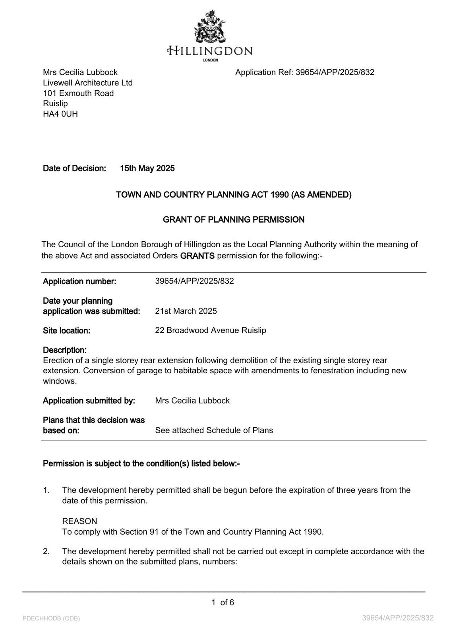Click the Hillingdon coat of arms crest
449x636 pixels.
pyautogui.click(x=210, y=27)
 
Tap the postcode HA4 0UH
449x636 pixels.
pyautogui.click(x=60, y=114)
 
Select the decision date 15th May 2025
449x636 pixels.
pyautogui.click(x=147, y=169)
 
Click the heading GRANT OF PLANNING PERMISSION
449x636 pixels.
pyautogui.click(x=234, y=219)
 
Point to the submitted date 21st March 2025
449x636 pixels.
pyautogui.click(x=186, y=311)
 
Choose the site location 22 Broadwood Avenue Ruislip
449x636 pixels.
pyautogui.click(x=211, y=330)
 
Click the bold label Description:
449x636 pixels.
pyautogui.click(x=65, y=350)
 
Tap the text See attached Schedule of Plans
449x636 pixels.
pyautogui.click(x=214, y=430)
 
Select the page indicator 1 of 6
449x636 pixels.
pyautogui.click(x=223, y=603)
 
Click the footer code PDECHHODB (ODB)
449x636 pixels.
pyautogui.click(x=51, y=619)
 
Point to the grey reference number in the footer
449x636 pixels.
pyautogui.click(x=398, y=618)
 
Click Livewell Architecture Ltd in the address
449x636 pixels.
pyautogui.click(x=88, y=83)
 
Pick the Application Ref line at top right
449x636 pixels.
pyautogui.click(x=304, y=72)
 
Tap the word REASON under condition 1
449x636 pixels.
pyautogui.click(x=79, y=521)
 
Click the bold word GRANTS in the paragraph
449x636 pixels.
pyautogui.click(x=197, y=256)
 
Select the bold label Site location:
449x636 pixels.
pyautogui.click(x=66, y=331)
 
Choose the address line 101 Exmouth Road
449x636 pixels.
pyautogui.click(x=78, y=93)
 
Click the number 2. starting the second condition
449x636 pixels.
pyautogui.click(x=46, y=551)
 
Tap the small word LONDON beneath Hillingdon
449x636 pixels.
pyautogui.click(x=210, y=60)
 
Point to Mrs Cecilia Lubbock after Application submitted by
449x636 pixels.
pyautogui.click(x=192, y=401)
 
